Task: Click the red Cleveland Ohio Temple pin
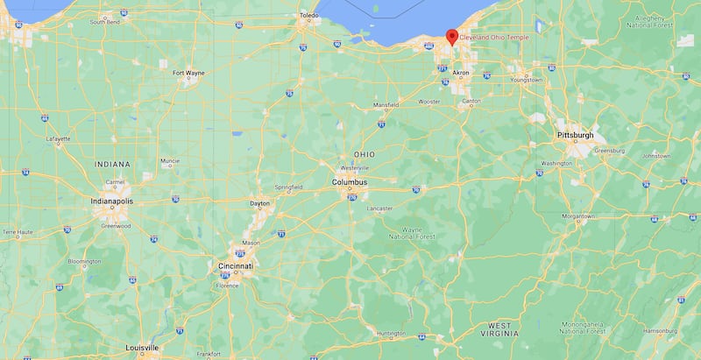click(x=452, y=37)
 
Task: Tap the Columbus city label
click(x=350, y=182)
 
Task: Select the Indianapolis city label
click(x=112, y=201)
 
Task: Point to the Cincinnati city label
click(x=236, y=265)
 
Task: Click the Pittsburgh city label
click(x=575, y=136)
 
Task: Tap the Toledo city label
click(x=308, y=15)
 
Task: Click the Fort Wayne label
click(x=188, y=73)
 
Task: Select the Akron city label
click(x=461, y=73)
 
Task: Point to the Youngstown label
click(x=527, y=80)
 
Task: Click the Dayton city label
click(x=260, y=203)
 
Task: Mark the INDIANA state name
click(x=113, y=164)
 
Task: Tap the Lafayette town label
click(x=59, y=138)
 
